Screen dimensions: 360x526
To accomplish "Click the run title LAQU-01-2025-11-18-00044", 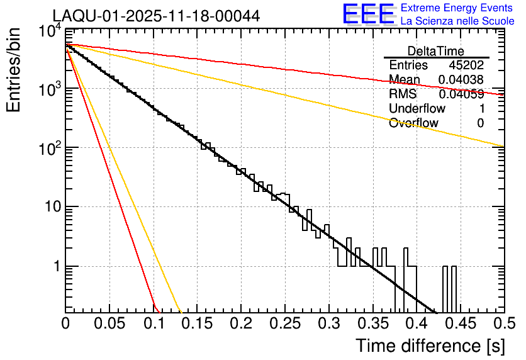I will (x=155, y=16).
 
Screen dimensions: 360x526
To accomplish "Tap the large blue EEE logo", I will (x=368, y=14).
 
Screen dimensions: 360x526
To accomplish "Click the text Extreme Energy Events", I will (x=457, y=8).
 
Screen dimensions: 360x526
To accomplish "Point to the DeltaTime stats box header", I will (x=436, y=51).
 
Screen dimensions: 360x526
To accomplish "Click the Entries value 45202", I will (x=466, y=65).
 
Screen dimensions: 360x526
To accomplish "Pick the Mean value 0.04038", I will (x=461, y=80).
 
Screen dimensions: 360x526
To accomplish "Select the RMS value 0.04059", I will (x=461, y=94).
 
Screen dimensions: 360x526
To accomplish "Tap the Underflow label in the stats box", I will (x=417, y=109).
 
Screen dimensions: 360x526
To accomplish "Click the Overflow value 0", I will (x=480, y=123).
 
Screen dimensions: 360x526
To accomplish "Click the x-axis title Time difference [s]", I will (x=429, y=346).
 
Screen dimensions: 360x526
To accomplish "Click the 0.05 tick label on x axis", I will (x=109, y=324).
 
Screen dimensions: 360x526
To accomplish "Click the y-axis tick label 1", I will (x=54, y=266).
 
